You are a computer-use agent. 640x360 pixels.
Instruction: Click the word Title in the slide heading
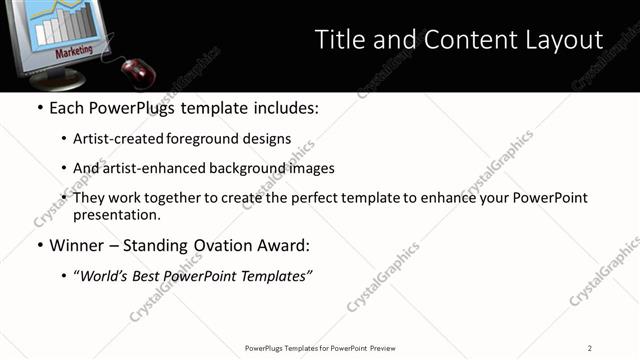point(339,40)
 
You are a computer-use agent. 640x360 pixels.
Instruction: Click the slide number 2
point(590,347)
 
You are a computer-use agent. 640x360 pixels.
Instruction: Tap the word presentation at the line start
point(115,214)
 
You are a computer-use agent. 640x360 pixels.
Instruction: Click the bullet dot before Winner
point(39,245)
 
